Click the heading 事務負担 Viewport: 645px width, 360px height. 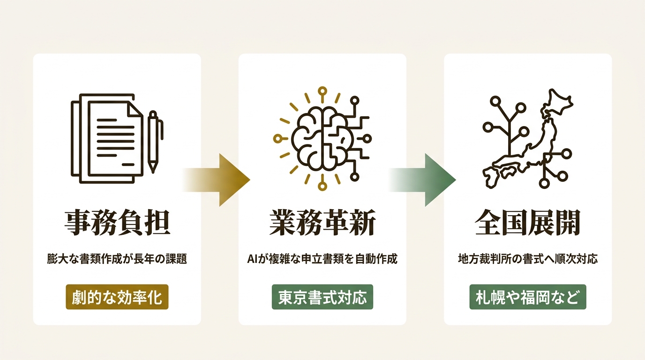click(x=117, y=223)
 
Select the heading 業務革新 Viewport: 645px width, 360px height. click(x=322, y=223)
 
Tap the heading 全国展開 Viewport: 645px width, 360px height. click(x=528, y=223)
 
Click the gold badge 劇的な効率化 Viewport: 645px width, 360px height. click(x=117, y=297)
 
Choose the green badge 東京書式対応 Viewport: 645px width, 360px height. click(x=322, y=297)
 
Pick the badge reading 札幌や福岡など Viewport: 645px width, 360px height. click(x=528, y=297)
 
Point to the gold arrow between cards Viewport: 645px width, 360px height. click(x=216, y=180)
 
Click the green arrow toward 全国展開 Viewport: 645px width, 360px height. click(x=422, y=180)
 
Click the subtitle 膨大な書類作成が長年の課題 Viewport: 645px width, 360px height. click(x=117, y=259)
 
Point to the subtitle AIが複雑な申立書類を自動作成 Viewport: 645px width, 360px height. click(x=322, y=259)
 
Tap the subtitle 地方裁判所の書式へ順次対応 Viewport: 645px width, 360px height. click(x=528, y=259)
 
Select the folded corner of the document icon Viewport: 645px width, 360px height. click(x=135, y=109)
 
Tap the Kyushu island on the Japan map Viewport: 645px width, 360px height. click(x=490, y=177)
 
